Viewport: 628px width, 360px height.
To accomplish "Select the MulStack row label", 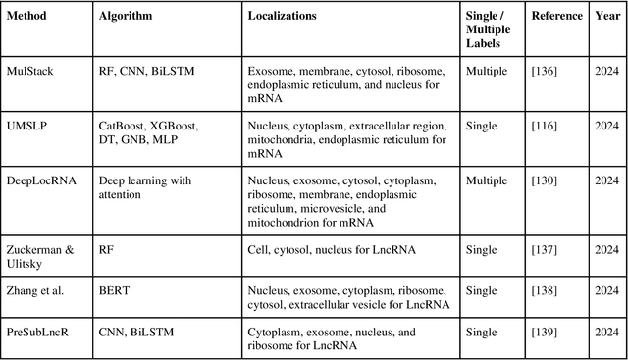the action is (31, 72).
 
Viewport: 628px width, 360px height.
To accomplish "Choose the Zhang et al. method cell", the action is (38, 291).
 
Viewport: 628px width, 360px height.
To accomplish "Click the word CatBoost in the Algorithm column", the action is (123, 127).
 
